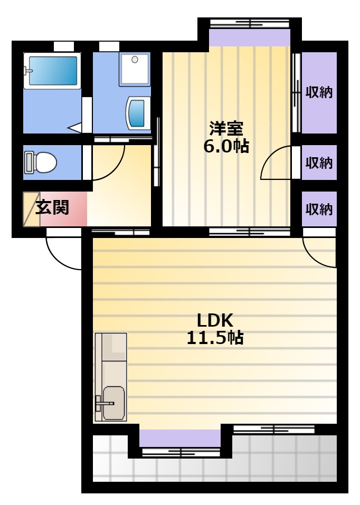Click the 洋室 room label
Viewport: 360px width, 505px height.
coord(226,129)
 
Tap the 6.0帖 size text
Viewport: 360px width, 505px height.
coord(226,146)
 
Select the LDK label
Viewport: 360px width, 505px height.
coord(215,320)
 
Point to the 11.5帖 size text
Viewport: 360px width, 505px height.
coord(215,338)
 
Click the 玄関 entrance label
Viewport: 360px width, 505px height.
coord(52,207)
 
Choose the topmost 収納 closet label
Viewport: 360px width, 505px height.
coord(319,92)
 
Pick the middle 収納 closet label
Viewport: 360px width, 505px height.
coord(319,163)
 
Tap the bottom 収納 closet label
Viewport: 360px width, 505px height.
coord(319,209)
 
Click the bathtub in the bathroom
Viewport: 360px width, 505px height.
coord(52,71)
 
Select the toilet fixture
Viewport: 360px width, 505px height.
coord(41,163)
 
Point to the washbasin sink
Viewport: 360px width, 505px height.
coord(138,113)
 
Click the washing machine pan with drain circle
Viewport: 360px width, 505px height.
coord(135,70)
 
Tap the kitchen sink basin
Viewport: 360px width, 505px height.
coord(113,403)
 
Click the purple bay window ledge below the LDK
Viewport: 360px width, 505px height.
coord(180,438)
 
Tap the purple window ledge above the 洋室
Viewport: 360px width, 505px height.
coord(250,37)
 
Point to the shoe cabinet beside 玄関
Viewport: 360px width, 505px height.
coord(32,209)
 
